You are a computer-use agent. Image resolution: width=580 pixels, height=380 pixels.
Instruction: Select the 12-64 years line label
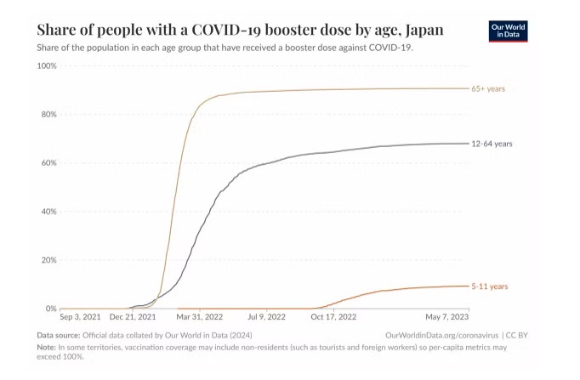pos(492,144)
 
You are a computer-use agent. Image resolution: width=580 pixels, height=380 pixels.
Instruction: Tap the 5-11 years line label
pos(491,286)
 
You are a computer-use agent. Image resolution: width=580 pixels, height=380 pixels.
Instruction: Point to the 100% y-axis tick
pos(47,65)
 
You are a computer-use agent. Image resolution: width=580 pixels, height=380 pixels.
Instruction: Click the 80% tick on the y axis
pos(48,114)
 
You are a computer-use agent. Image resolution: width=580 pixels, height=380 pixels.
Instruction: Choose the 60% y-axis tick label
pos(48,162)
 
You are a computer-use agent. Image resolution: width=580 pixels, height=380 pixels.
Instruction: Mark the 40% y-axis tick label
pos(48,211)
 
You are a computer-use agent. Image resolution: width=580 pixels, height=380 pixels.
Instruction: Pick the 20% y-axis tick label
pos(48,260)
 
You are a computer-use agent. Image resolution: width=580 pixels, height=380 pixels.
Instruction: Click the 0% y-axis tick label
pos(51,309)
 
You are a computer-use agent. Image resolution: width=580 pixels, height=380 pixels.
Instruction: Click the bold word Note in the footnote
pos(46,348)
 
